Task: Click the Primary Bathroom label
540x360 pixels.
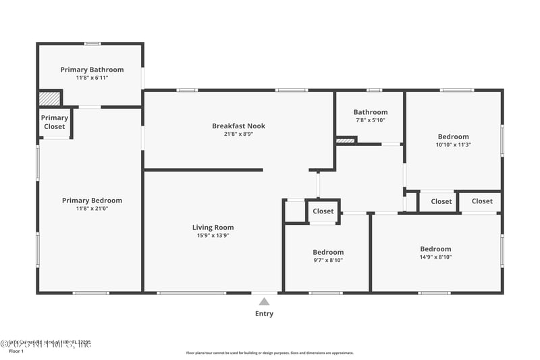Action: (x=92, y=70)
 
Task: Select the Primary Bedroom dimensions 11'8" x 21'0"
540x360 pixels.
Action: (x=92, y=209)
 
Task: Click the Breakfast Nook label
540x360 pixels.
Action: (x=238, y=126)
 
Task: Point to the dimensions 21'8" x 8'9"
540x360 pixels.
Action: (x=238, y=134)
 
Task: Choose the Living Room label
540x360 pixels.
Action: (x=213, y=228)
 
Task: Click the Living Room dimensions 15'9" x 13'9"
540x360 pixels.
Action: (x=213, y=236)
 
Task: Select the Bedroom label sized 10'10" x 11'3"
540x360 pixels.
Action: (x=453, y=136)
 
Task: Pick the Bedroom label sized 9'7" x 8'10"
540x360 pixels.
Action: (x=327, y=252)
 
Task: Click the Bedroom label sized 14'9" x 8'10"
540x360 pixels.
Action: (x=435, y=249)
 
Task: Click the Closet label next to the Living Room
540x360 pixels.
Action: (x=323, y=211)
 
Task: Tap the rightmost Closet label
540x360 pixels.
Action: (x=482, y=201)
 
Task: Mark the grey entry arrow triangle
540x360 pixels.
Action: (x=264, y=301)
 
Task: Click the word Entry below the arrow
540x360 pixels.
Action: (x=264, y=313)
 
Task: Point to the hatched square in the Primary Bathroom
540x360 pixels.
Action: (x=49, y=99)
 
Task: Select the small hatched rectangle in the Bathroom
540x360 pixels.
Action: (x=345, y=140)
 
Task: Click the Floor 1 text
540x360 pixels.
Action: (x=16, y=351)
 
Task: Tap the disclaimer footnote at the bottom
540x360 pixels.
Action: (x=269, y=353)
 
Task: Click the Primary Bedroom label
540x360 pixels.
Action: (x=92, y=200)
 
